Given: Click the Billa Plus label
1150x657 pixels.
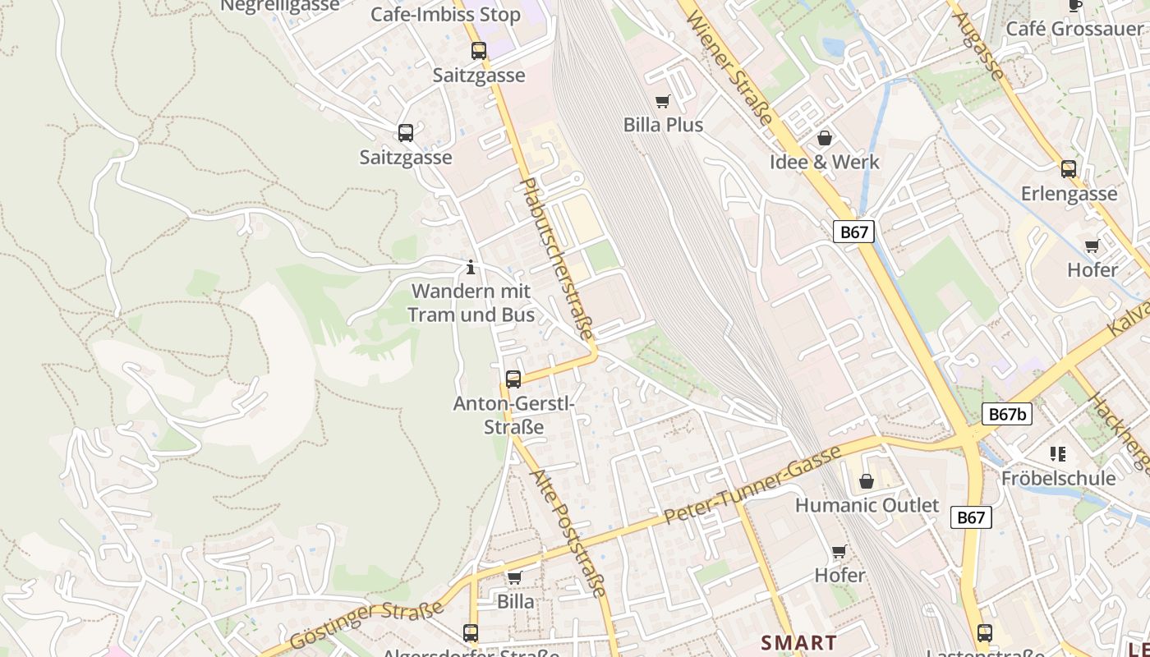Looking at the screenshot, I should (663, 125).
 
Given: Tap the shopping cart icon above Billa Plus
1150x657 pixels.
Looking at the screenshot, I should (663, 101).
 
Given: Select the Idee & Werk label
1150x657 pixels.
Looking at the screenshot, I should (824, 162).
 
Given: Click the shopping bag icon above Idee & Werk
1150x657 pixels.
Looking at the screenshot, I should (825, 138).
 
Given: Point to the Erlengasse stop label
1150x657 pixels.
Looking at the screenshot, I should (1069, 194).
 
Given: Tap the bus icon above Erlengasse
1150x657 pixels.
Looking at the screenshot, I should (1068, 169).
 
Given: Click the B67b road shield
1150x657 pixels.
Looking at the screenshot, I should (1006, 414).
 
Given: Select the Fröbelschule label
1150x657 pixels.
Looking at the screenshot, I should (1058, 478).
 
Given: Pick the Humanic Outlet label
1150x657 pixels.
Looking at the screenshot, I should (867, 505).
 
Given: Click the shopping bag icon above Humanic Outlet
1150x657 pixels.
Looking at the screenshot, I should (867, 481).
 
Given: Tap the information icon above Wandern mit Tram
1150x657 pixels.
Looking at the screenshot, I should (471, 267).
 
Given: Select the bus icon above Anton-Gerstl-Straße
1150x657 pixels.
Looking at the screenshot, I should (513, 379).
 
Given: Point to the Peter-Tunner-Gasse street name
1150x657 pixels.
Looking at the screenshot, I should (752, 484).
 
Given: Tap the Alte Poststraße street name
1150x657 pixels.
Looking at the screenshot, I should (568, 533).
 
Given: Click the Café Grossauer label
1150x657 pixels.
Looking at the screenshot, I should (1074, 29).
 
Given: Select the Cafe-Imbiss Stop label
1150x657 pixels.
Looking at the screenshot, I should (445, 15).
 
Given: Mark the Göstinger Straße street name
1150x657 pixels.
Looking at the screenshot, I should (367, 625).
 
